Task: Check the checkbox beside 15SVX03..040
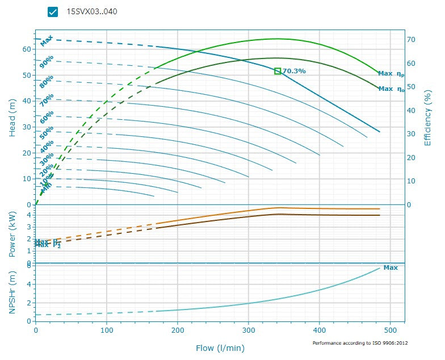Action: click(x=53, y=11)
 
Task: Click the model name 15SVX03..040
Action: click(x=92, y=11)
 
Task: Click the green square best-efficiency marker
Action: click(x=278, y=71)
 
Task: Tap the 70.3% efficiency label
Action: click(x=294, y=71)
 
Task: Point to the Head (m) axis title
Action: click(x=12, y=117)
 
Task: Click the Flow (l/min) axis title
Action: click(x=220, y=348)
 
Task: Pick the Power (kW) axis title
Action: click(x=12, y=234)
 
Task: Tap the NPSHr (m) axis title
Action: click(x=12, y=293)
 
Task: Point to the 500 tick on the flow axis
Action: click(x=391, y=330)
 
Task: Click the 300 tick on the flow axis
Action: click(x=249, y=330)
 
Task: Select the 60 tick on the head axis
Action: click(x=26, y=49)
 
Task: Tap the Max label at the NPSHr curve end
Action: click(x=391, y=267)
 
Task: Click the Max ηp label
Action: click(x=392, y=74)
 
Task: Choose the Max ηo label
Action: click(x=392, y=89)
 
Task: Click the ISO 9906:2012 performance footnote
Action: click(x=360, y=343)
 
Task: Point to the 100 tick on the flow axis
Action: click(x=107, y=330)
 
